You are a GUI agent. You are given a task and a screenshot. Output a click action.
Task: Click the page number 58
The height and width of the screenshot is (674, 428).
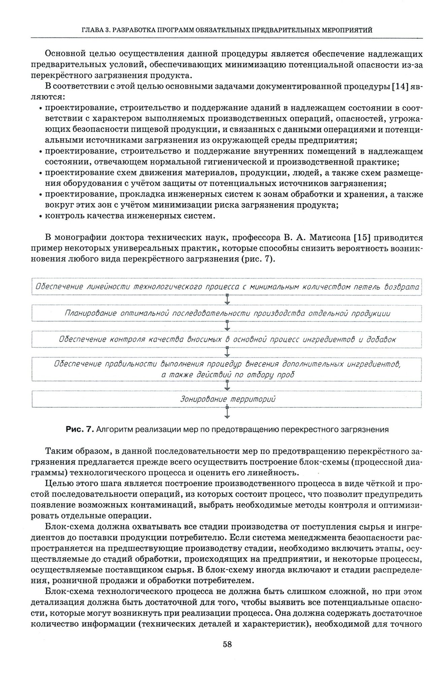227,644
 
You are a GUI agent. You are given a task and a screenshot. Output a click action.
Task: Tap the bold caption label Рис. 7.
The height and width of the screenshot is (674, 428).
80,429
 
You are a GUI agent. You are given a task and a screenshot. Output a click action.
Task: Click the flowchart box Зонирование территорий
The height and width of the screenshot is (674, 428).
227,399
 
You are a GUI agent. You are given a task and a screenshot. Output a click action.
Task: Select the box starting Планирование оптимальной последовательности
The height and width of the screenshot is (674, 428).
227,313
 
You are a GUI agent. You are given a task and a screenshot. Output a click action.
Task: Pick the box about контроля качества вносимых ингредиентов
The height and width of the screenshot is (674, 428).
227,339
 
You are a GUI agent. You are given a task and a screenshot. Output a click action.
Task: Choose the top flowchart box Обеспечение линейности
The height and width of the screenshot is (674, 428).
227,287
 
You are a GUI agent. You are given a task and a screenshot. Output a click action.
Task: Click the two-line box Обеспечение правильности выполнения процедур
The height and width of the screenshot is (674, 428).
227,369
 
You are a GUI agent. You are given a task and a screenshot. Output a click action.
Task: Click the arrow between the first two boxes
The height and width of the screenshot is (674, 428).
227,300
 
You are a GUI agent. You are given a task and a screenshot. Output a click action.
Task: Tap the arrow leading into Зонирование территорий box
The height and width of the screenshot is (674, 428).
227,385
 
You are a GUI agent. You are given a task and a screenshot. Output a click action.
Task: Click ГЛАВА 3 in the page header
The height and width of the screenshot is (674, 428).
95,30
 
